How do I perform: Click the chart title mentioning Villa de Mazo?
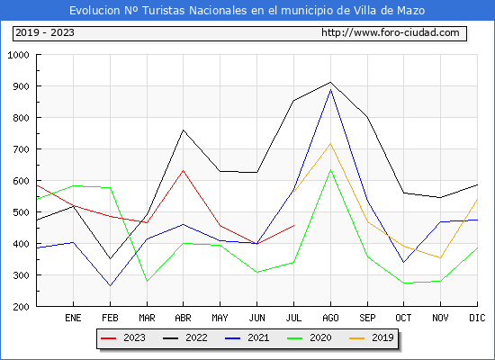tap(247, 11)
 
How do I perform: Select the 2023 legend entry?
tap(123, 337)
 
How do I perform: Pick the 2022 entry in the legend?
tap(185, 337)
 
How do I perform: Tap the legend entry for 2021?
tap(247, 337)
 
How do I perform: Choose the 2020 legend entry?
tap(310, 337)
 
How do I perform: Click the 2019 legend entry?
tap(372, 337)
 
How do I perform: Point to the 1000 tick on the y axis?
tap(18, 55)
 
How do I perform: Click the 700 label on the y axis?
tap(21, 149)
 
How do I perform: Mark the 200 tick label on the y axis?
tap(21, 307)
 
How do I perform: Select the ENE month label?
tap(73, 318)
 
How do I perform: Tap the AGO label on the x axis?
tap(330, 318)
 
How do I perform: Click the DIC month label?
tap(477, 318)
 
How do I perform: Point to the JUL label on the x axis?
tap(293, 318)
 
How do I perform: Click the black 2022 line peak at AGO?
tap(330, 82)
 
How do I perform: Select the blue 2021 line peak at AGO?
tap(330, 90)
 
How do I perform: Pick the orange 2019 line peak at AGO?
tap(330, 144)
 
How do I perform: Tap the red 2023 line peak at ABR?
tap(183, 170)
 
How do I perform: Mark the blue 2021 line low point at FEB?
tap(110, 286)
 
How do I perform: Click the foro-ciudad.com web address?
tap(391, 32)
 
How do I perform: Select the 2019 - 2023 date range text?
tap(45, 32)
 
